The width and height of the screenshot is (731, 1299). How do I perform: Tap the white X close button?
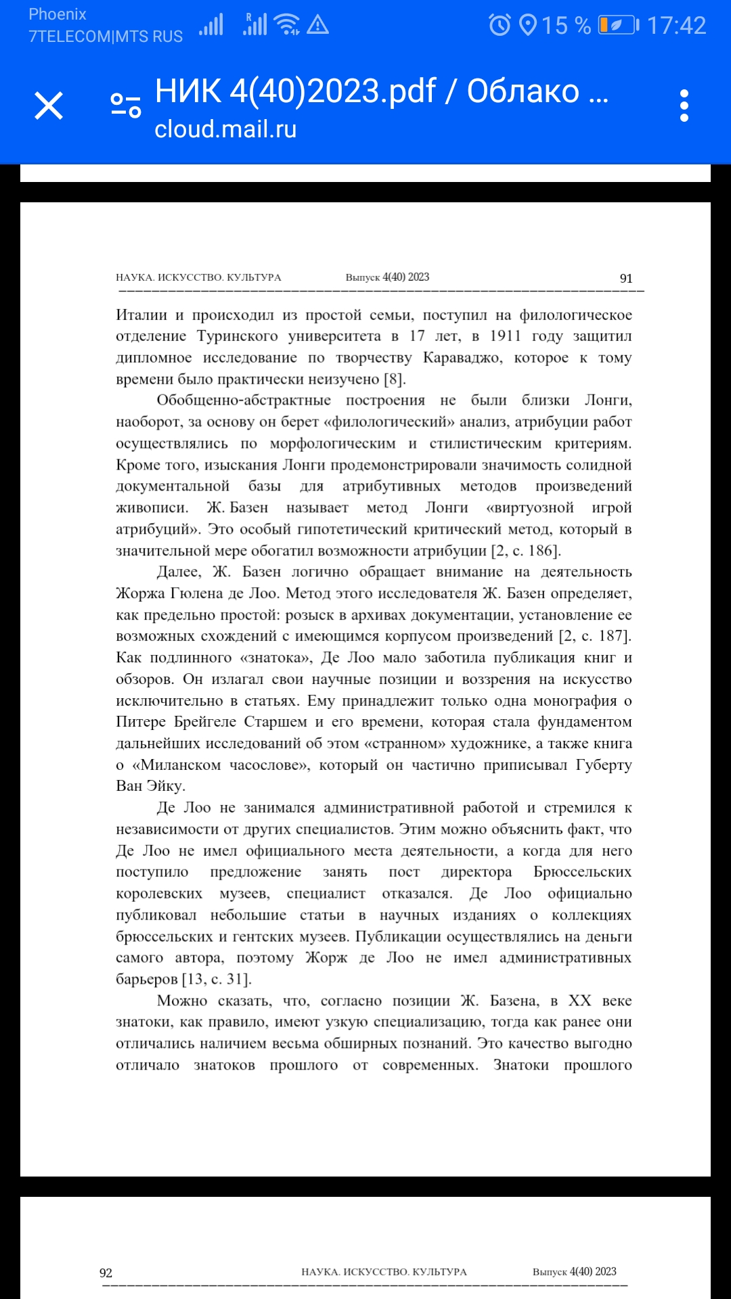pyautogui.click(x=49, y=106)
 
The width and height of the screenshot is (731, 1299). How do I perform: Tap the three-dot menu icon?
pyautogui.click(x=684, y=106)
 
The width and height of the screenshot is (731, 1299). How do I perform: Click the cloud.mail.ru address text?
pyautogui.click(x=225, y=129)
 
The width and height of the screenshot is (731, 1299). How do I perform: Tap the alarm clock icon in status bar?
pyautogui.click(x=500, y=25)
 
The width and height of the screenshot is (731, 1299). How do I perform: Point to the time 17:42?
pyautogui.click(x=676, y=26)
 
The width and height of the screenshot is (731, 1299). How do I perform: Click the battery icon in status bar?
pyautogui.click(x=618, y=25)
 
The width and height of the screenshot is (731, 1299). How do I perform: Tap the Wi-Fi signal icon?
pyautogui.click(x=288, y=24)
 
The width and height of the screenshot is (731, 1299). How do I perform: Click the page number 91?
pyautogui.click(x=626, y=278)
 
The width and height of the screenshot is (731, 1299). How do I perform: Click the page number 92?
pyautogui.click(x=106, y=1273)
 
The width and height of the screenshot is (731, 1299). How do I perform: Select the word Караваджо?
pyautogui.click(x=463, y=357)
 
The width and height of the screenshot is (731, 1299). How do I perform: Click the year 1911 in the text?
pyautogui.click(x=506, y=336)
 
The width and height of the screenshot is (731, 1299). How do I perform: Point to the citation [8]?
pyautogui.click(x=395, y=379)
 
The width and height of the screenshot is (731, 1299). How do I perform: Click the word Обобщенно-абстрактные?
pyautogui.click(x=244, y=400)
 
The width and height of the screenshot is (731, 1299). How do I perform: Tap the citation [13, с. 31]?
pyautogui.click(x=217, y=979)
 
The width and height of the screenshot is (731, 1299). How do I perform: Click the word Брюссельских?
pyautogui.click(x=583, y=871)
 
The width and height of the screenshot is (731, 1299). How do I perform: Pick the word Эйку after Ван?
pyautogui.click(x=166, y=785)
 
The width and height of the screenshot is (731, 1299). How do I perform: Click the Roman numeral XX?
pyautogui.click(x=580, y=1001)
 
